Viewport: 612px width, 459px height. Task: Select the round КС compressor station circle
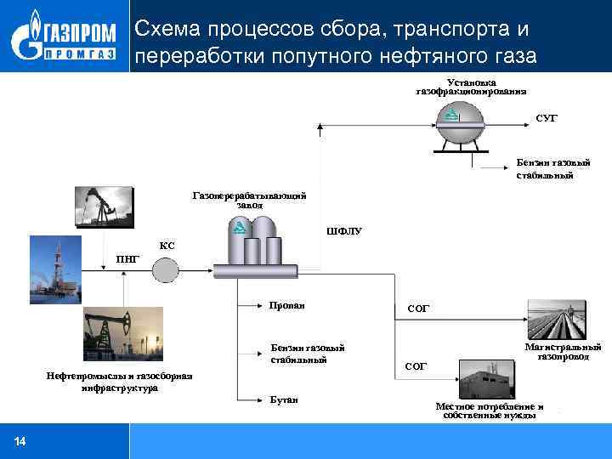165,269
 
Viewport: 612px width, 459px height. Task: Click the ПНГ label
127,259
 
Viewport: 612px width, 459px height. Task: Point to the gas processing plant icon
255,245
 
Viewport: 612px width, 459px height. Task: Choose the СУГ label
547,117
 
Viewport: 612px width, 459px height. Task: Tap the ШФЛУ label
343,230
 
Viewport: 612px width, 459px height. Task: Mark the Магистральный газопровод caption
563,352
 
